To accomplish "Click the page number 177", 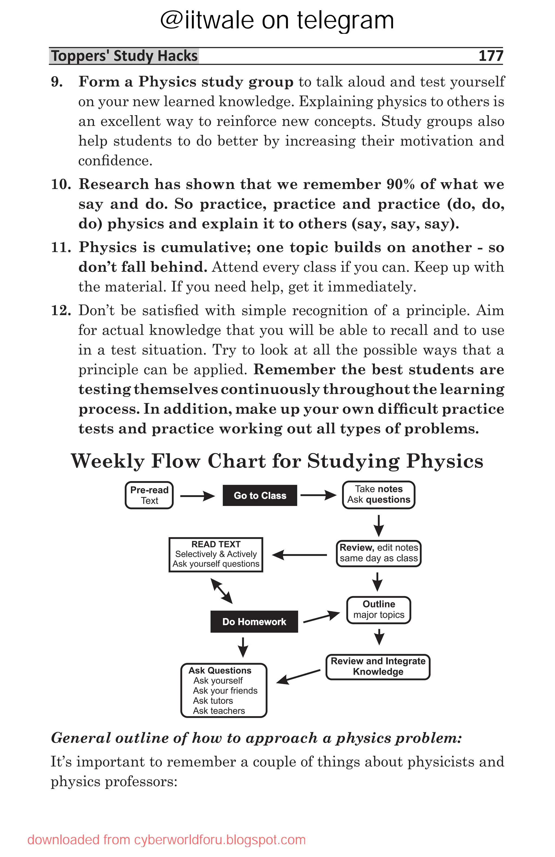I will [x=491, y=56].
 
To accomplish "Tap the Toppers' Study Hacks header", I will [x=124, y=56].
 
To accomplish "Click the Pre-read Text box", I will [x=149, y=495].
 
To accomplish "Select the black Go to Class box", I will [x=260, y=495].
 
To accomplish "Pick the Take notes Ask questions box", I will [x=379, y=494].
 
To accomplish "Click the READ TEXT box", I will [x=216, y=554].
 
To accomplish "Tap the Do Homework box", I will [x=254, y=622].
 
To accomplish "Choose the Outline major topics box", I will [x=379, y=610].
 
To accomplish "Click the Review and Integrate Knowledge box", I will [x=378, y=667].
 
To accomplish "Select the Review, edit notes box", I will [x=379, y=553].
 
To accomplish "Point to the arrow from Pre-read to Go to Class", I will [x=197, y=496].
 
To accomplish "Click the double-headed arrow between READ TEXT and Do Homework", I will [x=221, y=591].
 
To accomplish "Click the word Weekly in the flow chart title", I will [x=108, y=461].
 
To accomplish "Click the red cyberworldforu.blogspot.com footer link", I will [x=220, y=840].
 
